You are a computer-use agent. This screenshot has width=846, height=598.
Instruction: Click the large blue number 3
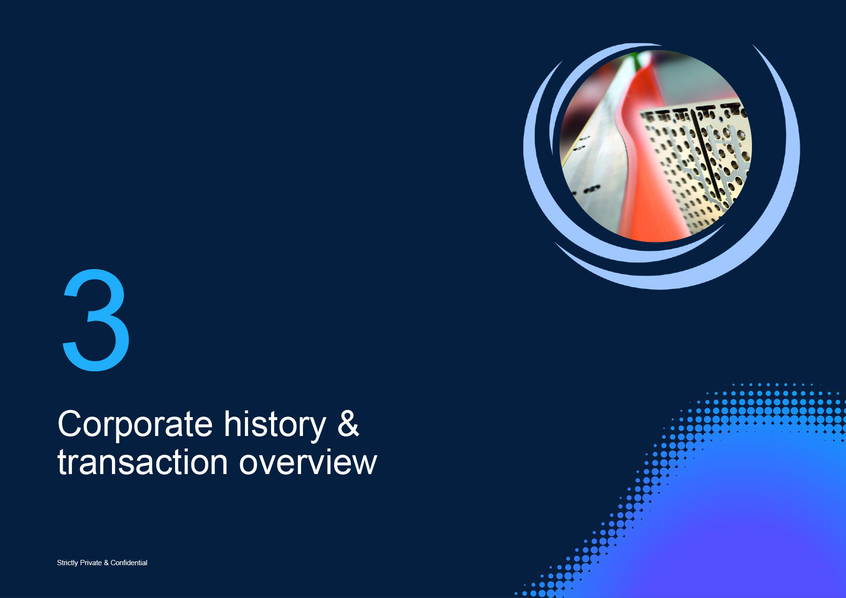tap(96, 320)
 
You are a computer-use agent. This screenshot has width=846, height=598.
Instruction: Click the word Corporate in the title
tap(135, 425)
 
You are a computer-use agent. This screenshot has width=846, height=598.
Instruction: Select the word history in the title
tap(275, 425)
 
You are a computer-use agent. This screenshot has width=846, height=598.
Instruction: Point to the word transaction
tap(143, 462)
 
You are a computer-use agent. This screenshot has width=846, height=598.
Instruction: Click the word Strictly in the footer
tap(68, 563)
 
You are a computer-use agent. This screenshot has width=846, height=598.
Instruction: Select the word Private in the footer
tap(91, 562)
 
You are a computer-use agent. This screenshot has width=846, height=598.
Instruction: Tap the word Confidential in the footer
tap(129, 562)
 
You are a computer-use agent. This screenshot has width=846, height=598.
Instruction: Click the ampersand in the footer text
tap(106, 563)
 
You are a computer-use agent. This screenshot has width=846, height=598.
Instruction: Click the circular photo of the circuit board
tap(655, 146)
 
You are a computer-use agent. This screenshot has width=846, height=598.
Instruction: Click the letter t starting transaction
tap(62, 463)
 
